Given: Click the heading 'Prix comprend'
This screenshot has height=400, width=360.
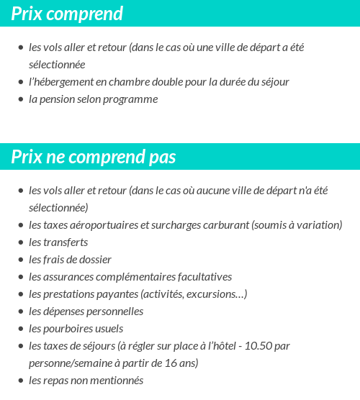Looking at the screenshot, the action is pos(67,14).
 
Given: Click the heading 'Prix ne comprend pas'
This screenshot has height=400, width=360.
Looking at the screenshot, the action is pos(94,157).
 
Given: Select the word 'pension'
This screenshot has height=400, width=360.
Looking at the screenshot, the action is pos(56,99).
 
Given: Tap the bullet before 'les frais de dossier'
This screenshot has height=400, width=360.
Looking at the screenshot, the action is pos(20,260).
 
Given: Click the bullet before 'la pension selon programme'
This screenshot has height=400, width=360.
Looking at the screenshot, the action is pos(20,99).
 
